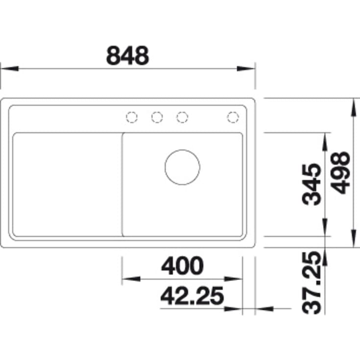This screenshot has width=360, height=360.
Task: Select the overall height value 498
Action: tap(340, 172)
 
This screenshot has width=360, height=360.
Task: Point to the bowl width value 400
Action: tap(182, 266)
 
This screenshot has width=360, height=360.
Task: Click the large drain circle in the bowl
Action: tap(182, 167)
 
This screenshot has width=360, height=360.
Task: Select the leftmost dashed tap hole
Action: tap(132, 117)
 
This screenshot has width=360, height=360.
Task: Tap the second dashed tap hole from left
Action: tap(157, 117)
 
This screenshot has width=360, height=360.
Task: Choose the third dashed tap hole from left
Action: tap(182, 117)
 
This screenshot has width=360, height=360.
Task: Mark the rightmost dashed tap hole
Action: tap(233, 117)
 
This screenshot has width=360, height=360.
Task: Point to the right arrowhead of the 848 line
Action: tap(246, 69)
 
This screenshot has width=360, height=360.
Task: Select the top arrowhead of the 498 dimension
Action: tap(354, 106)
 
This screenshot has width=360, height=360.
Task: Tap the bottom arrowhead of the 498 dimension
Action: tap(354, 239)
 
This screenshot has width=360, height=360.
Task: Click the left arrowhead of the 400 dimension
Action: tap(130, 279)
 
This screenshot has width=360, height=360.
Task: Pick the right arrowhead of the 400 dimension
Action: tap(235, 279)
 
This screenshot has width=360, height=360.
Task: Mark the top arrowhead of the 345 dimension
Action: tap(324, 141)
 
